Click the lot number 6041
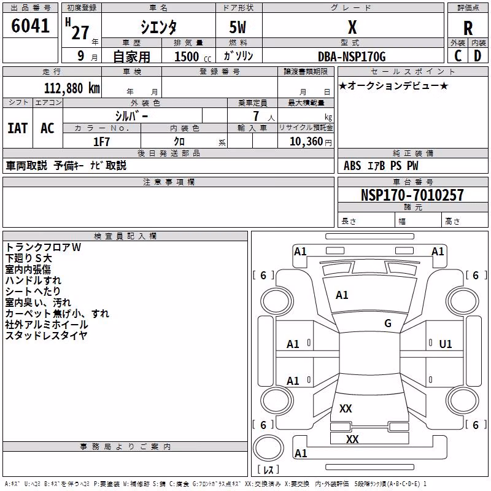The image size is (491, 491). [x=30, y=26]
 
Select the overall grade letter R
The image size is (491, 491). [x=468, y=28]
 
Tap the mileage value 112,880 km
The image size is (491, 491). [x=72, y=88]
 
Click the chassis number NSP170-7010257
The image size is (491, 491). [x=412, y=195]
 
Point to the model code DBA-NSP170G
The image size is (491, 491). [x=352, y=56]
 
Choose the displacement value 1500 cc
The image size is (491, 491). [x=193, y=56]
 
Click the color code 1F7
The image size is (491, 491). [x=101, y=142]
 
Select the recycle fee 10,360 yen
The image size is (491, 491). [x=311, y=142]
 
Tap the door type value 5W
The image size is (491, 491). [x=238, y=27]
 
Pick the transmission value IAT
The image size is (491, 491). [x=18, y=128]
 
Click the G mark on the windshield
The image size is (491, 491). [x=388, y=323]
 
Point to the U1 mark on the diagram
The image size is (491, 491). [x=446, y=344]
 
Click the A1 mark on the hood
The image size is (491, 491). [x=342, y=295]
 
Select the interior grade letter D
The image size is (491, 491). [x=477, y=56]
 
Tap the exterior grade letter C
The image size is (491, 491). [x=458, y=56]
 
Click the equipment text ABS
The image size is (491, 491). [x=352, y=165]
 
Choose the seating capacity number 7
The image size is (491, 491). [x=256, y=116]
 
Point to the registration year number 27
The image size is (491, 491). [x=80, y=33]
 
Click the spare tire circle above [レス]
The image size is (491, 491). [x=268, y=448]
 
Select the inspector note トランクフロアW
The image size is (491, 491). [x=43, y=247]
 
